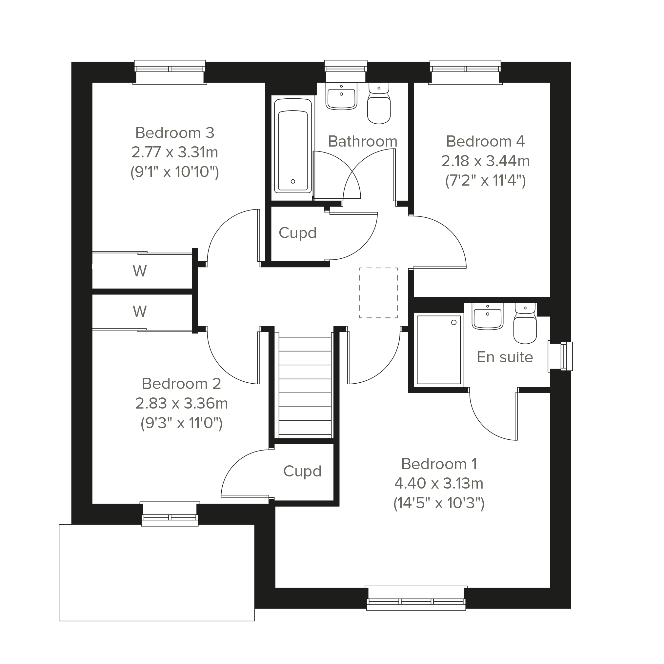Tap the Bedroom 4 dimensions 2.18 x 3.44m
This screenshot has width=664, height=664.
pos(485,161)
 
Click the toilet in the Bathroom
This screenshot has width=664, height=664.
pos(379,103)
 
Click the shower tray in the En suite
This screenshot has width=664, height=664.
pos(438,350)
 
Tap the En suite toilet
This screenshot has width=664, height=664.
pos(525,323)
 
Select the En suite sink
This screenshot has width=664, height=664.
pos(487,316)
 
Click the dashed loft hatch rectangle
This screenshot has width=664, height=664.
pos(378,293)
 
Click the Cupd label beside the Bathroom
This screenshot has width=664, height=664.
pos(297,233)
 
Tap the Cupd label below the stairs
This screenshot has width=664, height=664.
pos(302,471)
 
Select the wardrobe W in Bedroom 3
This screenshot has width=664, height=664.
pos(140,271)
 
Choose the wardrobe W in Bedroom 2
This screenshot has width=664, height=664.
pos(140,312)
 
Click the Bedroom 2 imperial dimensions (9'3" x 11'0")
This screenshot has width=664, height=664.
pos(181,423)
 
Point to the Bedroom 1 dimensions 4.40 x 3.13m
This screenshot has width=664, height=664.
pos(439,484)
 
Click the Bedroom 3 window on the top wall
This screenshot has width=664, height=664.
pos(170,72)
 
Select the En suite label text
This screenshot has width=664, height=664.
pos(505,357)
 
